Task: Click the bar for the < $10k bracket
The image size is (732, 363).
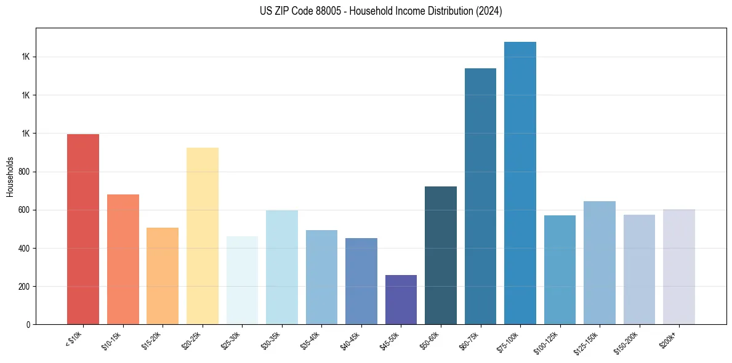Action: point(83,229)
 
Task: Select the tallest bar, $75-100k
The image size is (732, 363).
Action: point(520,183)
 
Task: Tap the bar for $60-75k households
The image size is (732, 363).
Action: point(480,196)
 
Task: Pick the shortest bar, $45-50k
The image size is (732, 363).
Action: point(401,300)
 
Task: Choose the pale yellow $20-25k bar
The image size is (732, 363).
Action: point(203,236)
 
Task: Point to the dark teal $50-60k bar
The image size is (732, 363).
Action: point(441,255)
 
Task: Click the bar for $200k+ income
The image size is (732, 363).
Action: point(679,267)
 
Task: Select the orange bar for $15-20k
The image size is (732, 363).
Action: point(163,276)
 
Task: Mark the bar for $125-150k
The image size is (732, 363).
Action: point(600,263)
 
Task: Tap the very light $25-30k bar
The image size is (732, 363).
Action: point(242,280)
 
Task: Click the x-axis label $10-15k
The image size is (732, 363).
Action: point(111,340)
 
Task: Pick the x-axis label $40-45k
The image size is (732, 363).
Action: point(350,340)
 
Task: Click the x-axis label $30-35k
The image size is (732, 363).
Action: point(270,340)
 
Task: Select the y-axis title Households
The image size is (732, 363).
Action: point(10,176)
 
